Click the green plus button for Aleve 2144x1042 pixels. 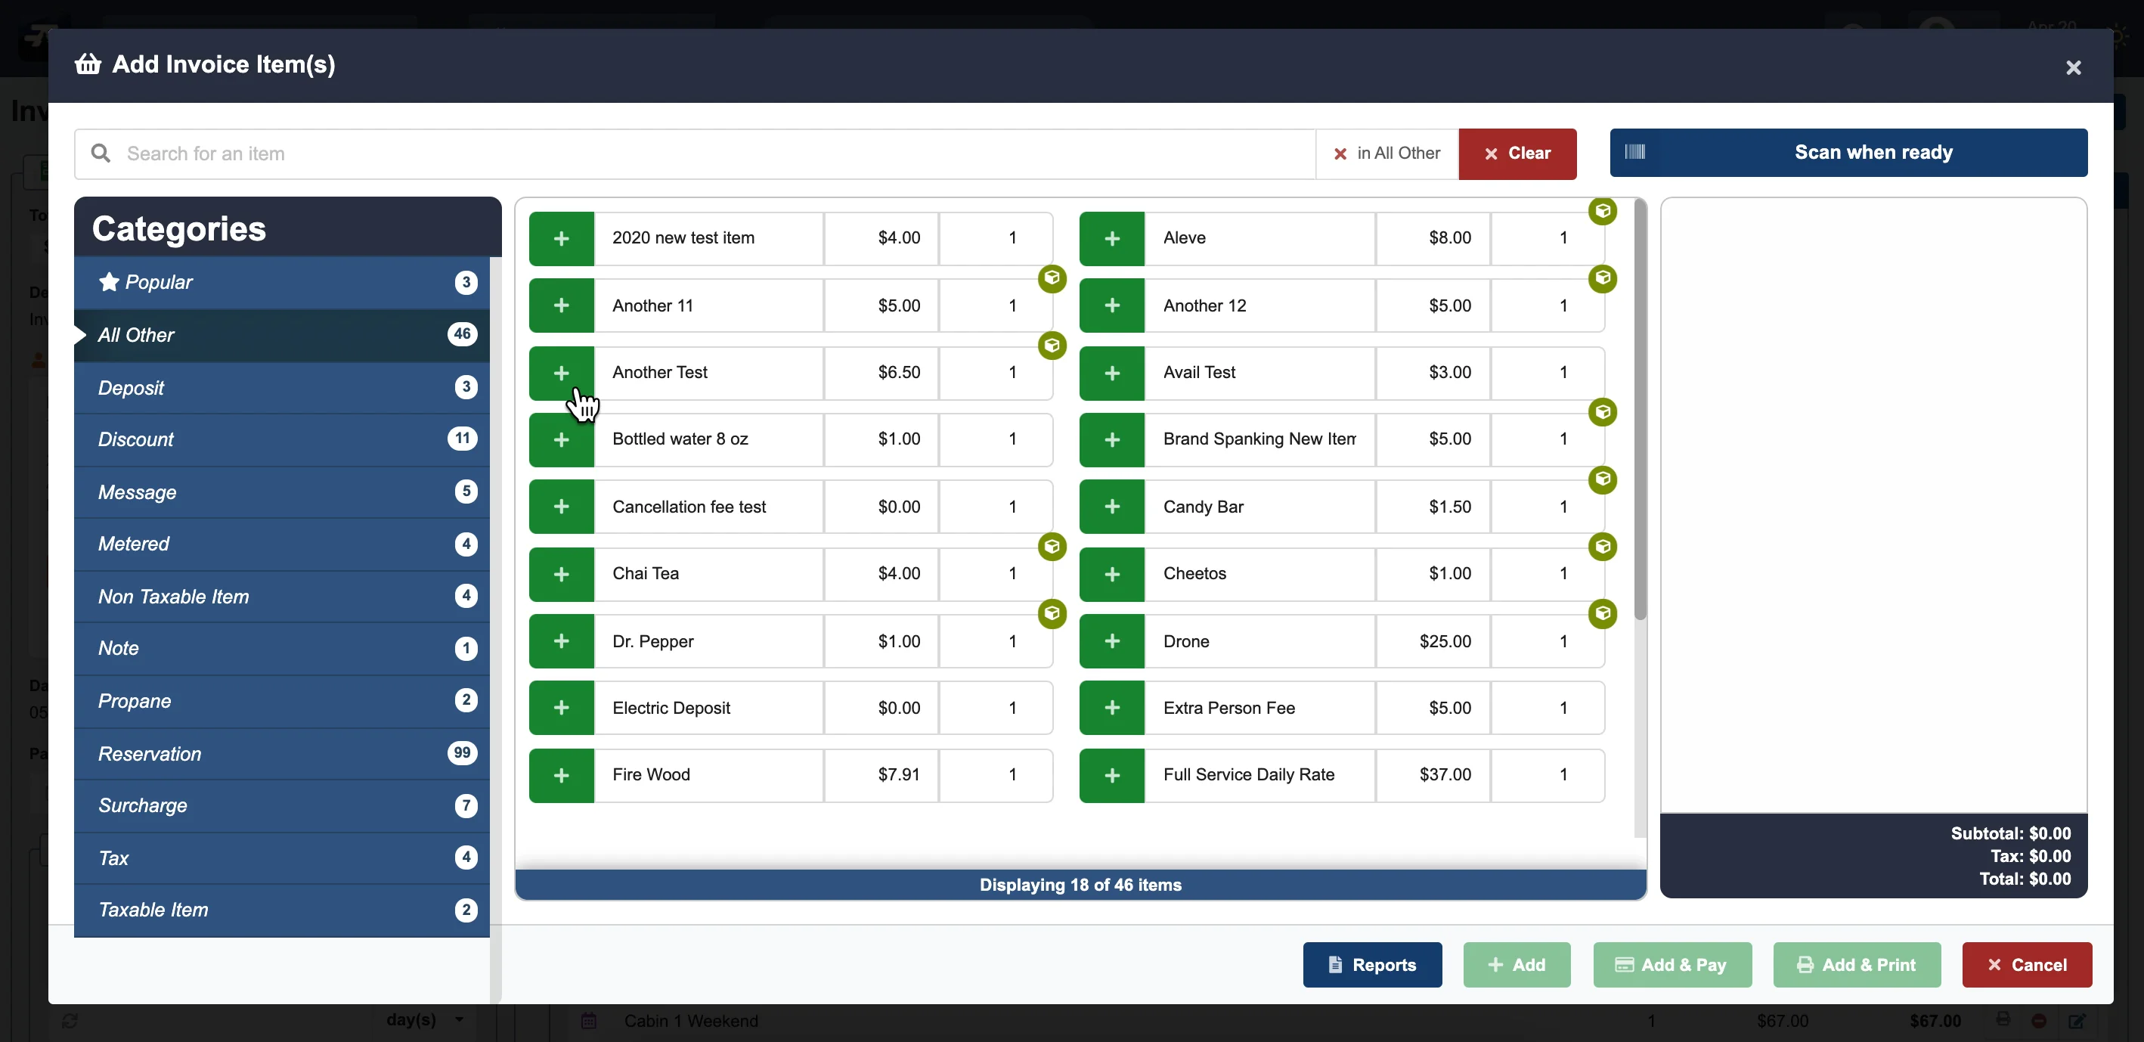(x=1111, y=239)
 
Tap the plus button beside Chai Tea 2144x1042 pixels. (x=561, y=574)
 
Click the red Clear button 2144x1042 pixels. (x=1517, y=154)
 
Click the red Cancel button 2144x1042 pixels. (x=2026, y=965)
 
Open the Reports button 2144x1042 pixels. (x=1371, y=965)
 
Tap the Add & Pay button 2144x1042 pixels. (x=1672, y=965)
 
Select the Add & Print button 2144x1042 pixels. (x=1856, y=965)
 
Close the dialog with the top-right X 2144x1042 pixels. (x=2072, y=67)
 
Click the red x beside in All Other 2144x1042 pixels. (x=1340, y=154)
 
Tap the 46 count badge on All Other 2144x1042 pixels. (x=462, y=334)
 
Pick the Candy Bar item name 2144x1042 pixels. (x=1204, y=507)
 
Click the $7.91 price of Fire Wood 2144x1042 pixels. (x=898, y=775)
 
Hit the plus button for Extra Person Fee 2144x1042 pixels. (x=1111, y=709)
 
